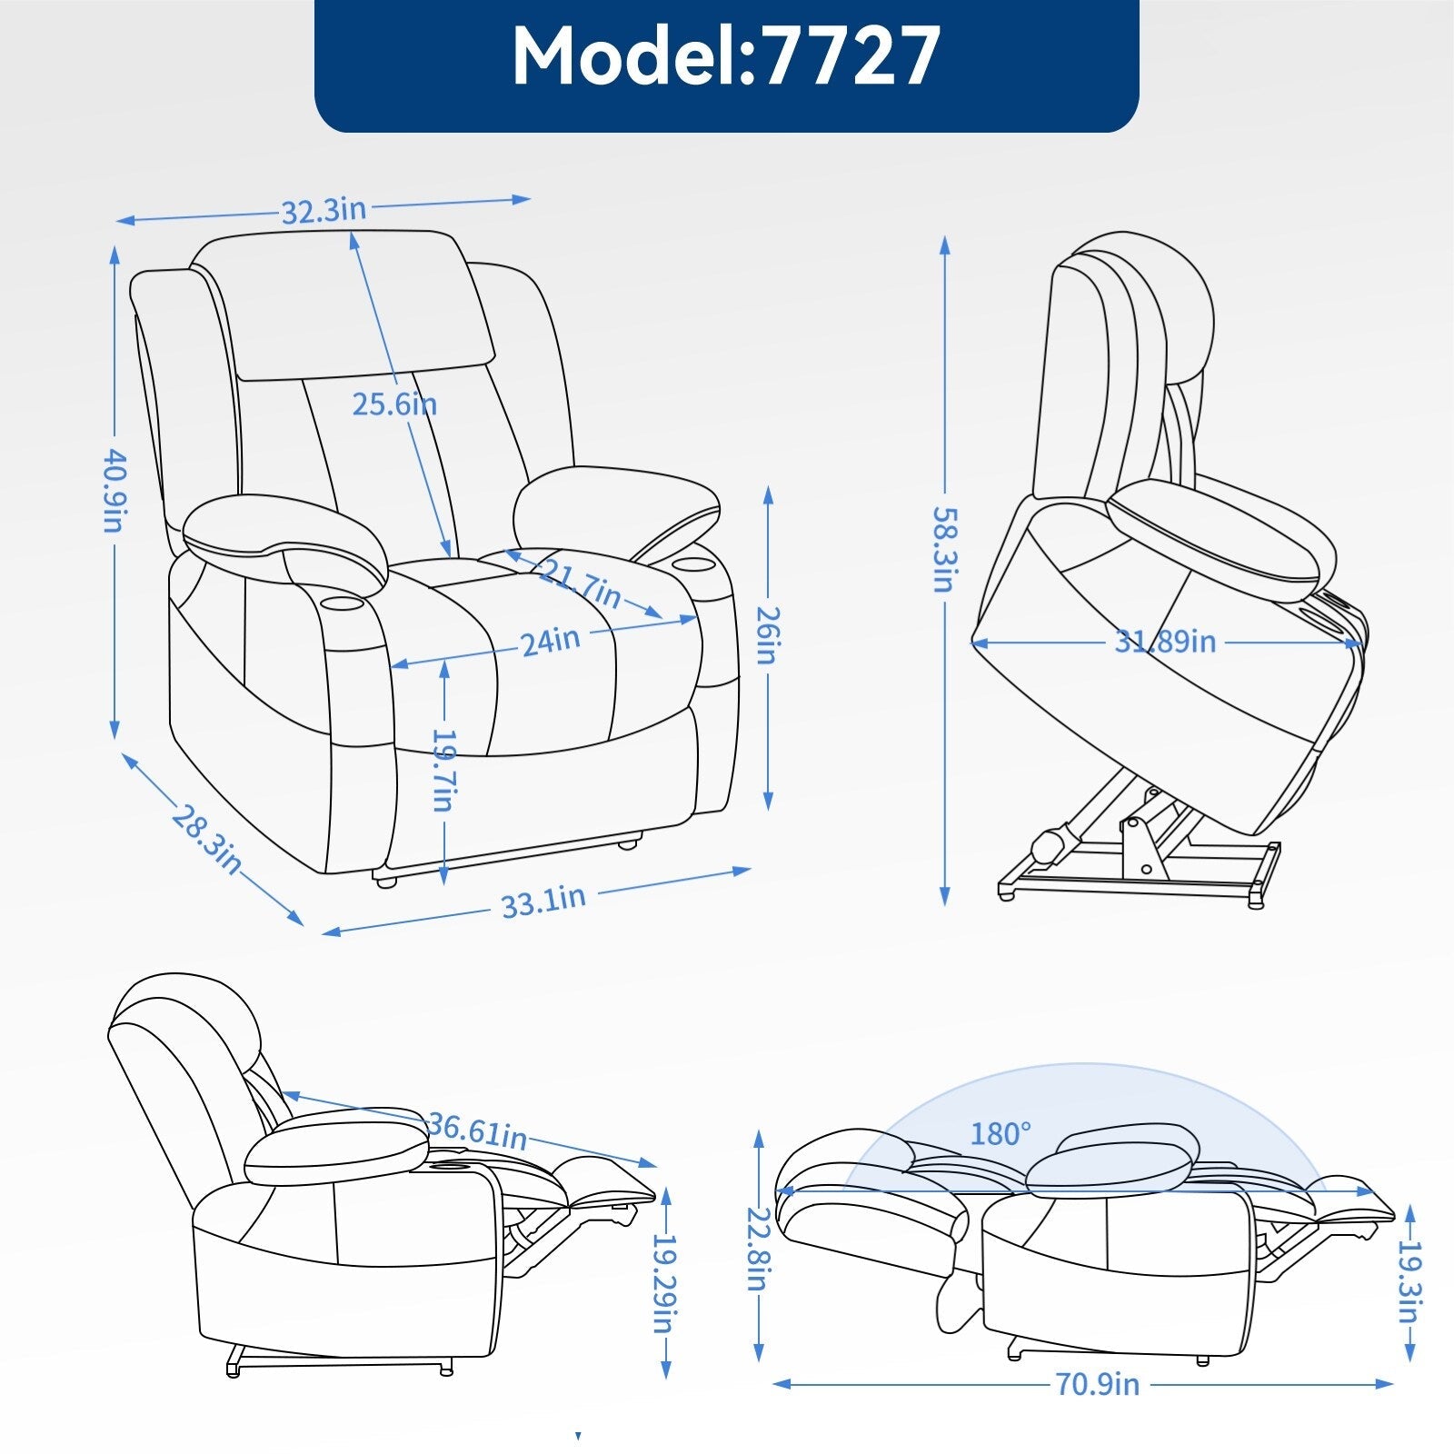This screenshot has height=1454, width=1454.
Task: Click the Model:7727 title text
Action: (726, 56)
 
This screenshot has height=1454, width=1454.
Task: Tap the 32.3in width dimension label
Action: (324, 211)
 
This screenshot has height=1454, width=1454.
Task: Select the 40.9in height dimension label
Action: (114, 491)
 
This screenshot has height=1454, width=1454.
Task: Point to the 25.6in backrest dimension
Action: (394, 403)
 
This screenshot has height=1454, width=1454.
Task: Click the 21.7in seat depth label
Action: (580, 584)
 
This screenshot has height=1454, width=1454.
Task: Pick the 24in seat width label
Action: (551, 641)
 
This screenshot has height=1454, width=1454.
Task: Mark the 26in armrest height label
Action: (767, 635)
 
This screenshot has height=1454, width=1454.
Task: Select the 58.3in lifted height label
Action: (944, 549)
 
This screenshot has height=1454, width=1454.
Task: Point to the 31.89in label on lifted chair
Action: (1165, 642)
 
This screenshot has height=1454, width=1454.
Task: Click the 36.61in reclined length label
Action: (477, 1130)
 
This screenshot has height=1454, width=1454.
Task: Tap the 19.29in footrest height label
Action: (666, 1282)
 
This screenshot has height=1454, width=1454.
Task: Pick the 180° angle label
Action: (1001, 1134)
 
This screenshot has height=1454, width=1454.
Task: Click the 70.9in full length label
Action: (1097, 1384)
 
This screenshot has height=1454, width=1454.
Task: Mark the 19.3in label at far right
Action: (1409, 1282)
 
